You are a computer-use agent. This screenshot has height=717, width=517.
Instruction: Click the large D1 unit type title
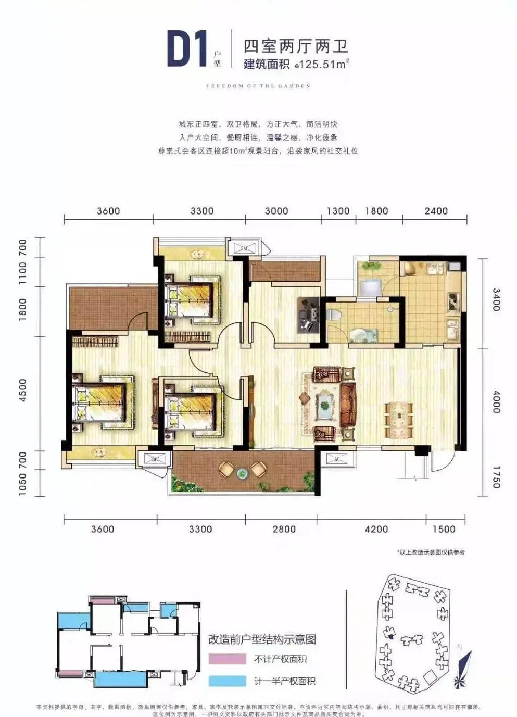pos(186,49)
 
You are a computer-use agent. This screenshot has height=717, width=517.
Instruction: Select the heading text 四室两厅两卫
pos(296,46)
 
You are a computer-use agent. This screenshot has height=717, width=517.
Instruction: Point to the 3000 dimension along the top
pos(276,211)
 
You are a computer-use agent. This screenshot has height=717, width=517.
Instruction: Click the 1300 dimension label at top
pos(338,211)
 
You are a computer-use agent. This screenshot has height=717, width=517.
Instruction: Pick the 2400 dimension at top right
pos(436,211)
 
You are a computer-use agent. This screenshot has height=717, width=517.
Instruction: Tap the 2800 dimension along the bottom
pos(284,529)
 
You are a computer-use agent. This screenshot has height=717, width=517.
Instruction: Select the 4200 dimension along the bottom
pos(376,529)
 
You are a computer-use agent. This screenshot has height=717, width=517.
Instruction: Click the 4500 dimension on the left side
pos(23,390)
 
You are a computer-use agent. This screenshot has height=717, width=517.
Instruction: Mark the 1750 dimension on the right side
pos(496,477)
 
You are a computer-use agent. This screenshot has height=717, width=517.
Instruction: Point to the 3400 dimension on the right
pos(496,299)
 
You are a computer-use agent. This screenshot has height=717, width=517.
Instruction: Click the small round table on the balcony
pos(242,473)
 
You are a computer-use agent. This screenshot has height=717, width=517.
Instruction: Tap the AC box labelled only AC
pos(337,459)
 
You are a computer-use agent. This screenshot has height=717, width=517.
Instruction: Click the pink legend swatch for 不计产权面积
pos(227,659)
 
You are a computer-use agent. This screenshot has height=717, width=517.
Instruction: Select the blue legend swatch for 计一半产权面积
pos(227,681)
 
